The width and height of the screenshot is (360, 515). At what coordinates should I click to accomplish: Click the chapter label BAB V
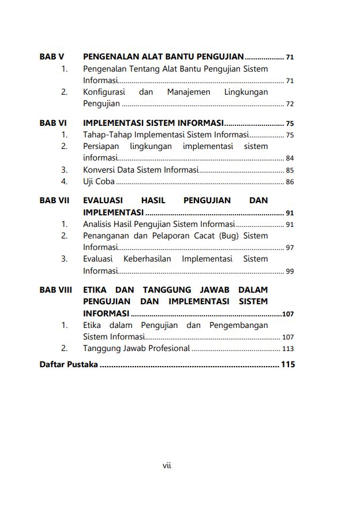[x=51, y=57]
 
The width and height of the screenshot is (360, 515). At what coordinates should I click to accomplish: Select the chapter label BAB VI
[x=53, y=123]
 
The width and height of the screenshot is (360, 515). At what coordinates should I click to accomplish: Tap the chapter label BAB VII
[x=54, y=200]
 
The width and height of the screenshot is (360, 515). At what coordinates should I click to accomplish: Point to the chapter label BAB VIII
[x=56, y=289]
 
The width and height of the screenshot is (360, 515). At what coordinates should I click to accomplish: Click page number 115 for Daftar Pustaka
[x=287, y=365]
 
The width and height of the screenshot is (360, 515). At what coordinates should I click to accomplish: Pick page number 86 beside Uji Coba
[x=290, y=182]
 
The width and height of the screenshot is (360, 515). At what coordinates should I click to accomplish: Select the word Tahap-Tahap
[x=103, y=135]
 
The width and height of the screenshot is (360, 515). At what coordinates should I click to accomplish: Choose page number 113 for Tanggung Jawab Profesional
[x=288, y=349]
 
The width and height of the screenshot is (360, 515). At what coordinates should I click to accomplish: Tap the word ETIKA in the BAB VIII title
[x=95, y=289]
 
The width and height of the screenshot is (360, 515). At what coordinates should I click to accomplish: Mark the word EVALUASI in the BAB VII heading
[x=106, y=200]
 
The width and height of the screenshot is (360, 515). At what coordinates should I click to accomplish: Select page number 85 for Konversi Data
[x=290, y=170]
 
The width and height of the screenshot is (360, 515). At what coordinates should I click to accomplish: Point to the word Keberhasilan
[x=147, y=259]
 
